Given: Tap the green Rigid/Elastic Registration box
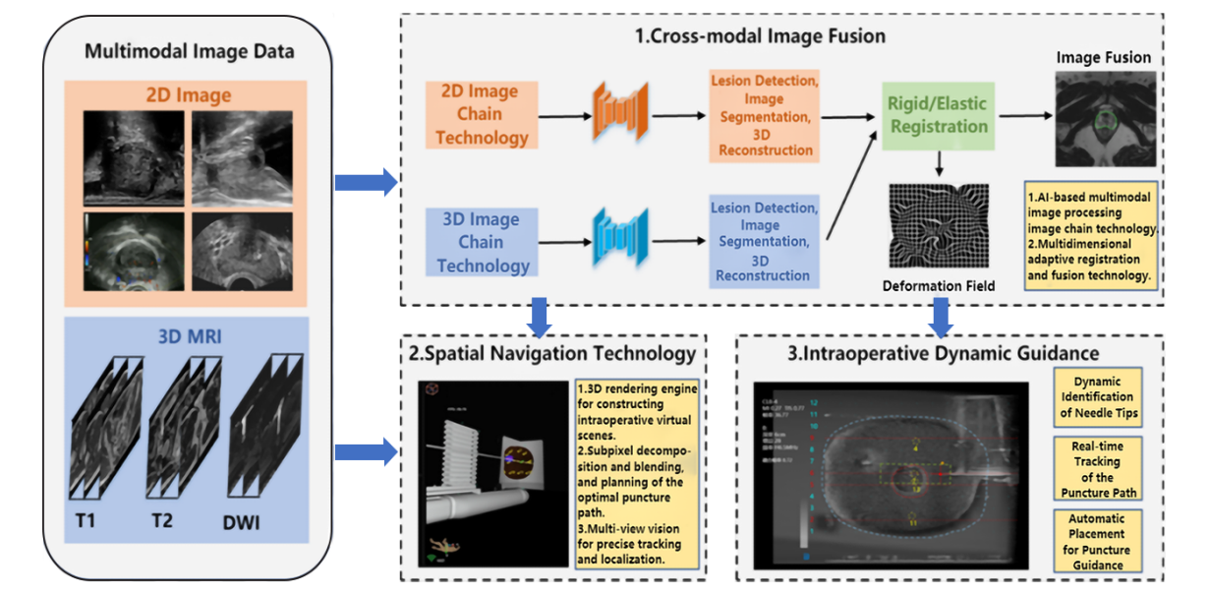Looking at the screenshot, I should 937,115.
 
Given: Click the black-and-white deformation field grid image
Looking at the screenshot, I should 936,228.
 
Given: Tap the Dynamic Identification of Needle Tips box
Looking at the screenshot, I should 1098,397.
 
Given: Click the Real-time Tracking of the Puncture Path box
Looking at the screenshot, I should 1098,469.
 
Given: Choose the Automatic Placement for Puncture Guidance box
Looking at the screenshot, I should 1098,541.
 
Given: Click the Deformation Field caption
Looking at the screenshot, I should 937,286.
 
